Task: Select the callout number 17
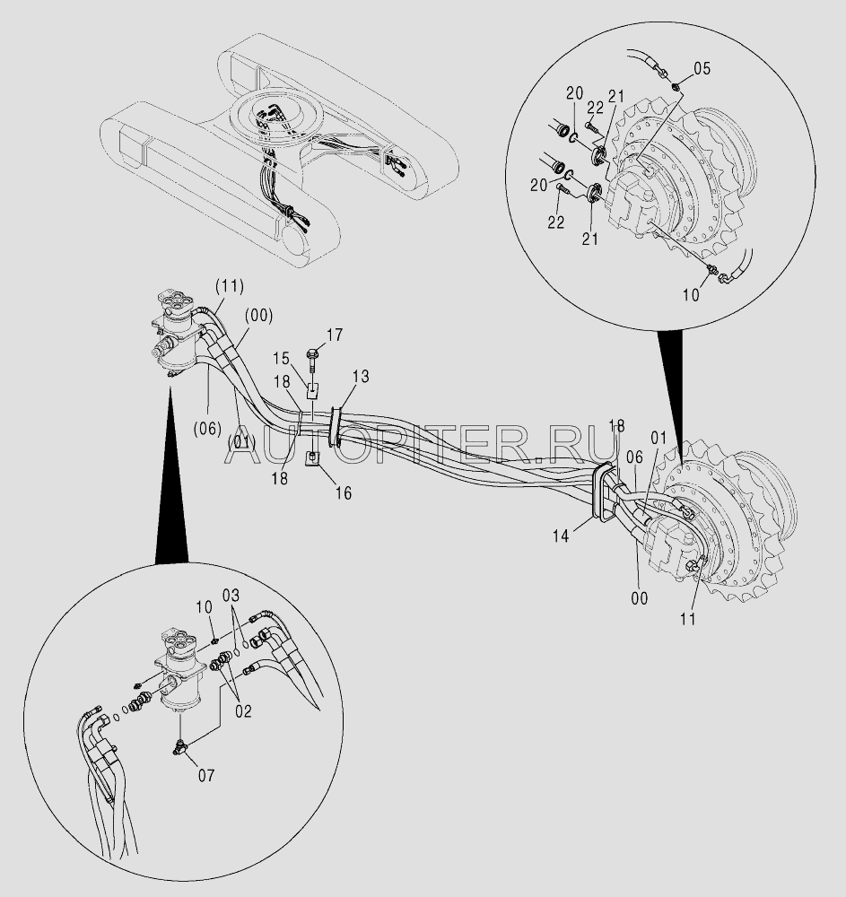[x=334, y=335]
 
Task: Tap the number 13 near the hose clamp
[x=359, y=378]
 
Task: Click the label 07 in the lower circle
[x=205, y=775]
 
